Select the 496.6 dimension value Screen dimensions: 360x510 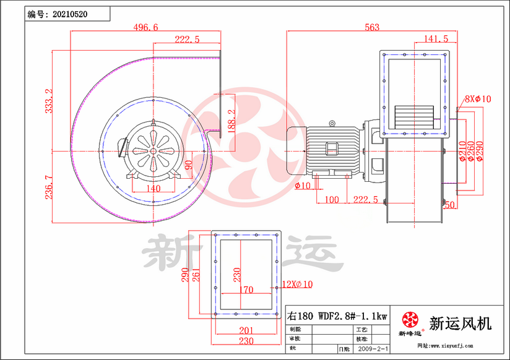pos(146,27)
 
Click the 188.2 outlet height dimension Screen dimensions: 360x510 pos(231,121)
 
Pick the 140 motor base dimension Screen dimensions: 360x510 pos(153,189)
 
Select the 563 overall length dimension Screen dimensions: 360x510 pos(372,27)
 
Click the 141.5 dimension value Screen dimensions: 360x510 pos(436,38)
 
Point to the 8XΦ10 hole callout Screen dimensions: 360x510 pos(478,98)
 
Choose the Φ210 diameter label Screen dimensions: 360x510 pos(462,151)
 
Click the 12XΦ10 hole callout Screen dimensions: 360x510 pos(297,284)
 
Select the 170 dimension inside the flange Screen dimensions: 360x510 pos(245,289)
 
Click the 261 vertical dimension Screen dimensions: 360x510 pos(196,275)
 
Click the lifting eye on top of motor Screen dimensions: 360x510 pos(332,122)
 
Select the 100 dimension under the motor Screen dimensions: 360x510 pos(332,200)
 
